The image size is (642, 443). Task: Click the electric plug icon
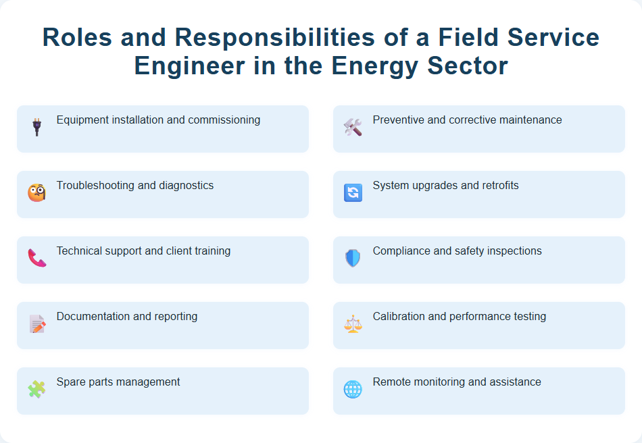click(x=36, y=127)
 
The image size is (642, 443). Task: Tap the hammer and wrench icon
click(x=353, y=127)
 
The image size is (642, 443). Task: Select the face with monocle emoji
click(x=36, y=192)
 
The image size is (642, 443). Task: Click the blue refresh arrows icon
click(x=353, y=192)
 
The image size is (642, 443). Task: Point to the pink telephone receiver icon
click(x=36, y=258)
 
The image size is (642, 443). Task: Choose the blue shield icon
click(x=353, y=258)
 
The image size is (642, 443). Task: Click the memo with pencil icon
click(x=36, y=323)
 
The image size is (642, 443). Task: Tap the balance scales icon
click(x=353, y=323)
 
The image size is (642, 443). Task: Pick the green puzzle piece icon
click(x=36, y=389)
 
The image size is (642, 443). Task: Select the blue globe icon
click(x=353, y=389)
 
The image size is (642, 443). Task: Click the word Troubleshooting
click(x=95, y=186)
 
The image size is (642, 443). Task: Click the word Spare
click(x=70, y=382)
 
